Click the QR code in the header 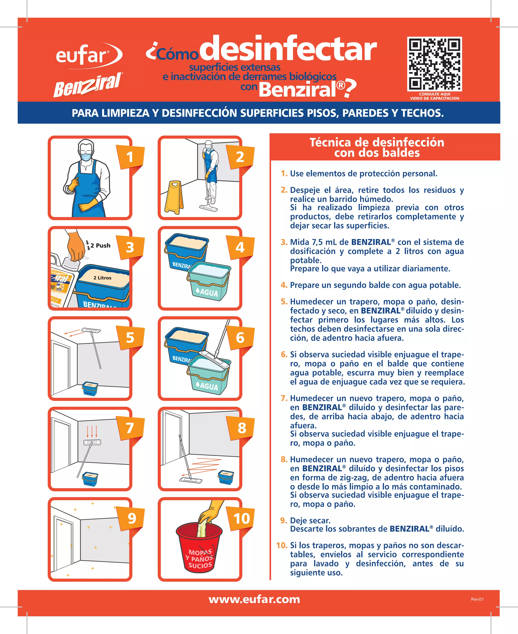(x=435, y=64)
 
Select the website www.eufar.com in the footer (x=254, y=599)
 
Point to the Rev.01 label (x=477, y=599)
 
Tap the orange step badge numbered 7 (x=130, y=428)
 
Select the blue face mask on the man (x=86, y=156)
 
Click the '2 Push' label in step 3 (x=100, y=246)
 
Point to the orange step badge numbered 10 (x=241, y=518)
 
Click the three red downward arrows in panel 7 (x=92, y=431)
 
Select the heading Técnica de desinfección (x=377, y=143)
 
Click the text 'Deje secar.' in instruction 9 (x=310, y=521)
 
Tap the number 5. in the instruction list (x=284, y=302)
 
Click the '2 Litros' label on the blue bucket (x=102, y=278)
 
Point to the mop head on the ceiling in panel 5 (x=91, y=330)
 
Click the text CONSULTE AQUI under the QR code (x=435, y=94)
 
